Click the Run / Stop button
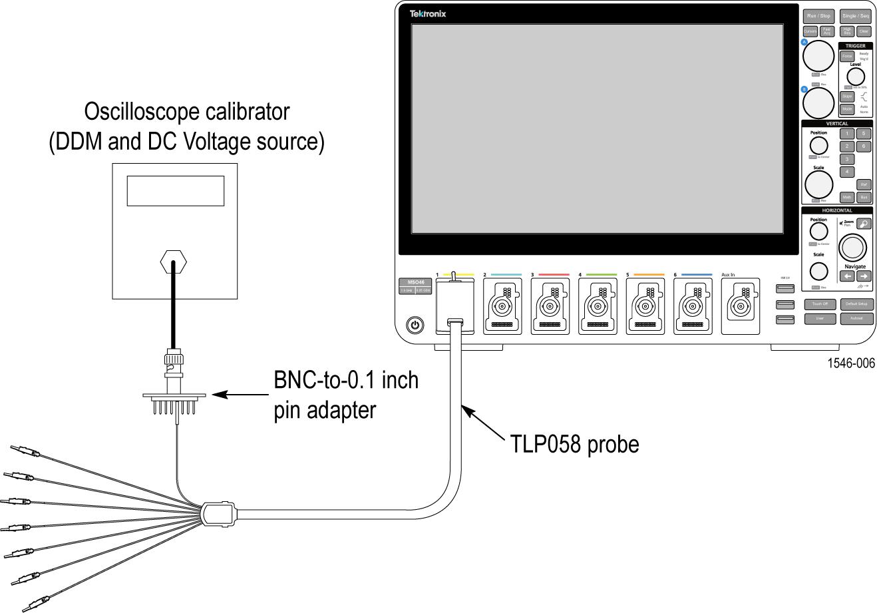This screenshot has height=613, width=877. (x=818, y=15)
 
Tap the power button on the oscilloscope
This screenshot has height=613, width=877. (x=415, y=325)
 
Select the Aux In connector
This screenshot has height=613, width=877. (x=742, y=306)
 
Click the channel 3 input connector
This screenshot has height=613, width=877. (x=550, y=306)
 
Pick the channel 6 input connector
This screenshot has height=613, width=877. (x=694, y=306)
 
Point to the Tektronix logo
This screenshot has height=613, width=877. (x=428, y=13)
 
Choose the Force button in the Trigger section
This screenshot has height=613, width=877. (x=847, y=57)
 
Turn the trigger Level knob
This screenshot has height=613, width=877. (x=855, y=76)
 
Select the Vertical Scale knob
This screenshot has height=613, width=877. (x=818, y=184)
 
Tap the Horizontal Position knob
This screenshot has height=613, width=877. (x=818, y=231)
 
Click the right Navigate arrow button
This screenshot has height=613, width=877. (x=864, y=276)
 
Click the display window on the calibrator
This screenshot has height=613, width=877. (x=175, y=191)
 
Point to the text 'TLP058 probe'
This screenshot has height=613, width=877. (x=574, y=444)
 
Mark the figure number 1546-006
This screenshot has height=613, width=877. (x=850, y=363)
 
